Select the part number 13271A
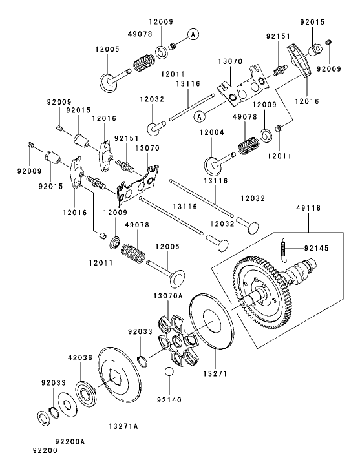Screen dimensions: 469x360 (123, 426)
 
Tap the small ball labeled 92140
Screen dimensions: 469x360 (169, 372)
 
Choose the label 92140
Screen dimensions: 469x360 (168, 400)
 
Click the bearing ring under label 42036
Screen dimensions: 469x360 (84, 392)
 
